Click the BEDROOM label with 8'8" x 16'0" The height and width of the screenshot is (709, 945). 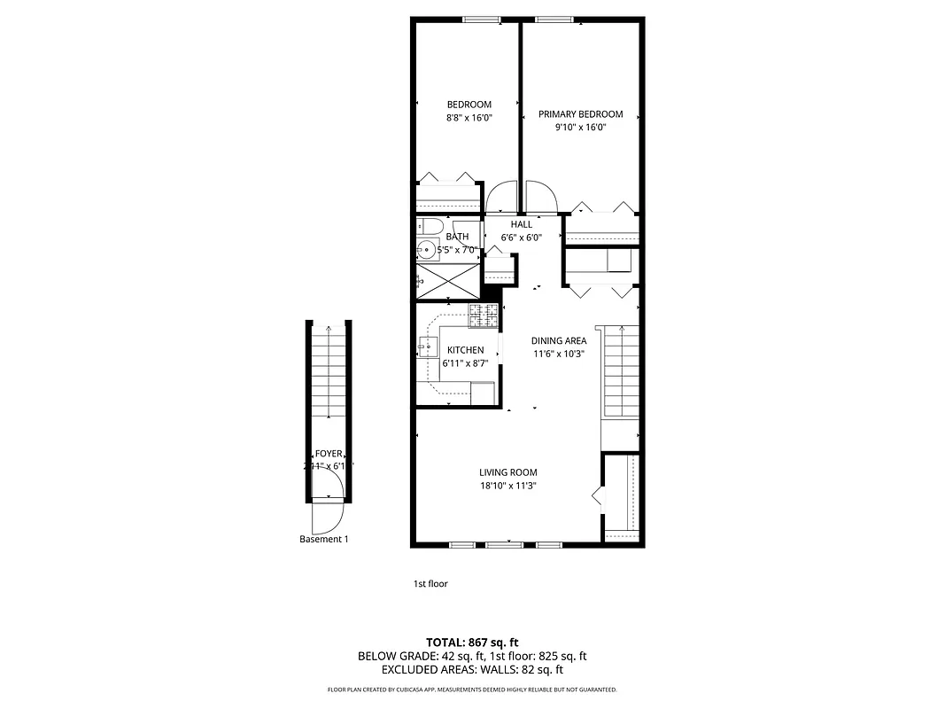point(469,105)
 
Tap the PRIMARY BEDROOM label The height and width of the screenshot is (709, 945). point(580,114)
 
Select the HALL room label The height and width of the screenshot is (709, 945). point(521,224)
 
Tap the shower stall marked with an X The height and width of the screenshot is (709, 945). point(447,281)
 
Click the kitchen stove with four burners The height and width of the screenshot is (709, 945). point(484,313)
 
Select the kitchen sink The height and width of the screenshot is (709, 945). point(426,347)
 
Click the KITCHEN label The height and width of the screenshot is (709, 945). point(465,350)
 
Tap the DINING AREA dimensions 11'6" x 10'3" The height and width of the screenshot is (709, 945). point(559,354)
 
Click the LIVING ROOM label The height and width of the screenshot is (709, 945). point(508,472)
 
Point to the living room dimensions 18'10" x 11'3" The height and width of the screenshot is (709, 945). point(508,486)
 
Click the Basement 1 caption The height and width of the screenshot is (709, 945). point(323,539)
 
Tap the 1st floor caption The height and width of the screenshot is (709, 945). point(430,584)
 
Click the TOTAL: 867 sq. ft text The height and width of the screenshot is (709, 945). point(472,642)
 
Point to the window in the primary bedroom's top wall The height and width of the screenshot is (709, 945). point(552,19)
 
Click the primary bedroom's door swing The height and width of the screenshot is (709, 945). point(540,197)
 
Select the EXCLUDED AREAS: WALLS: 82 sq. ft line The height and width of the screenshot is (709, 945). point(472,670)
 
